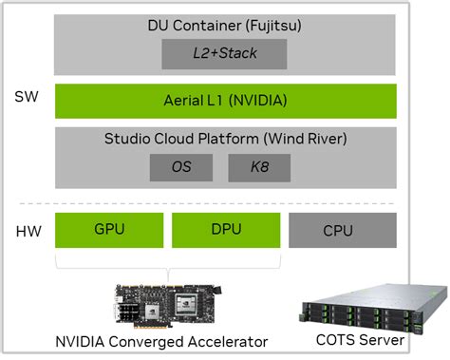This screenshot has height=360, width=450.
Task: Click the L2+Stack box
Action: point(225,53)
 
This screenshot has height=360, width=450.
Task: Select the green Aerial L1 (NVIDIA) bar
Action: point(226,100)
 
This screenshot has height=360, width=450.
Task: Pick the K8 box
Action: point(259,167)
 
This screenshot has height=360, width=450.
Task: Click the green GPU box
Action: point(109,231)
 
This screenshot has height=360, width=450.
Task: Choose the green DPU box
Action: point(226,231)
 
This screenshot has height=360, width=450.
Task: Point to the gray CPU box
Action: point(342,231)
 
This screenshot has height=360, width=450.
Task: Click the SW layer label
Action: point(27,97)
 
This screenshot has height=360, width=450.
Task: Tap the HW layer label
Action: point(27,231)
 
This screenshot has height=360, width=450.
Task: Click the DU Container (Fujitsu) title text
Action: point(225,25)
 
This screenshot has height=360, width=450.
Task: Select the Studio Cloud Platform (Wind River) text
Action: point(225,139)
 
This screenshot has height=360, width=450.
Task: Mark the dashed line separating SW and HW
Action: point(226,202)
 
